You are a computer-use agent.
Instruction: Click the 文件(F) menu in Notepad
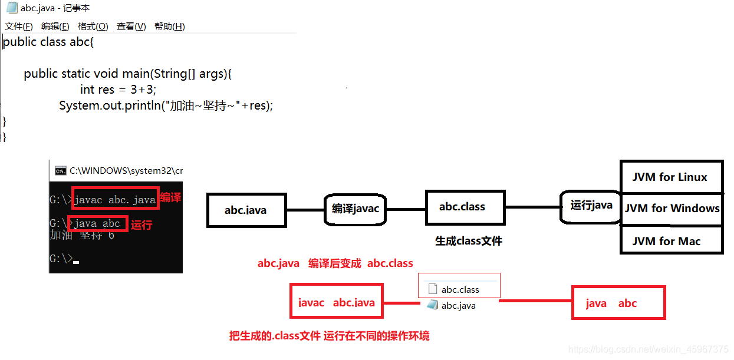pyautogui.click(x=19, y=27)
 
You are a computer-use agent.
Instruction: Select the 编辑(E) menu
pyautogui.click(x=55, y=27)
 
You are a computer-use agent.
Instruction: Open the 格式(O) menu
pyautogui.click(x=93, y=27)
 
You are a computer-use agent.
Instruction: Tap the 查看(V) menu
pyautogui.click(x=131, y=27)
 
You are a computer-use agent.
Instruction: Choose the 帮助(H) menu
pyautogui.click(x=170, y=27)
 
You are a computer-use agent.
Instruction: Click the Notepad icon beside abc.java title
pyautogui.click(x=12, y=8)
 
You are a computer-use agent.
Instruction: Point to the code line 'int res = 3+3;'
pyautogui.click(x=119, y=90)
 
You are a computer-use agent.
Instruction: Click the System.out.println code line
pyautogui.click(x=166, y=105)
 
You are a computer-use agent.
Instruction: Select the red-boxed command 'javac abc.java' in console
pyautogui.click(x=116, y=199)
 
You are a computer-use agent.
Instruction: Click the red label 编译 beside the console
pyautogui.click(x=170, y=198)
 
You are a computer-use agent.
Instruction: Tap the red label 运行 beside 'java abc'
pyautogui.click(x=141, y=224)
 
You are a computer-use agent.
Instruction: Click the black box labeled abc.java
pyautogui.click(x=245, y=210)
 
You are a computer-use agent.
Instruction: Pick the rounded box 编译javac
pyautogui.click(x=355, y=209)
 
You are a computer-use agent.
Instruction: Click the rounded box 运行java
pyautogui.click(x=591, y=206)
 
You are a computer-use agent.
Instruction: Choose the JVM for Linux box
pyautogui.click(x=671, y=177)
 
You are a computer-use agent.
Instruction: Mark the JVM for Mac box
pyautogui.click(x=671, y=241)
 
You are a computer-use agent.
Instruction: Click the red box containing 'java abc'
pyautogui.click(x=618, y=303)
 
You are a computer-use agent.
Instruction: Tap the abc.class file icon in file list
pyautogui.click(x=432, y=289)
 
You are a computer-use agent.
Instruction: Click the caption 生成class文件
pyautogui.click(x=469, y=241)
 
